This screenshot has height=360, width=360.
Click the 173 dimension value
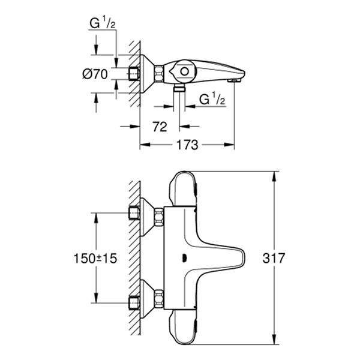pyautogui.click(x=187, y=145)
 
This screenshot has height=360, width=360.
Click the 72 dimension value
pyautogui.click(x=160, y=127)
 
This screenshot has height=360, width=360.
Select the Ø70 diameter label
pyautogui.click(x=95, y=74)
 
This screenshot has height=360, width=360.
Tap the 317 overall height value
pyautogui.click(x=274, y=258)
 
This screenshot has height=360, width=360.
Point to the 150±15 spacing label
pyautogui.click(x=95, y=258)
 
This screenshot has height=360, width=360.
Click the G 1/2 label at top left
pyautogui.click(x=103, y=23)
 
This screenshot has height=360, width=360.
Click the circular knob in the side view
pyautogui.click(x=184, y=71)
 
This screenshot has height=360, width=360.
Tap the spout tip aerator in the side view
pyautogui.click(x=234, y=80)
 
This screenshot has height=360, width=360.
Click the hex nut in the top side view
pyautogui.click(x=158, y=73)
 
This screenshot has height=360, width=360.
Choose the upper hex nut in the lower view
pyautogui.click(x=159, y=217)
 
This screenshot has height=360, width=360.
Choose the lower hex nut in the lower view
pyautogui.click(x=159, y=299)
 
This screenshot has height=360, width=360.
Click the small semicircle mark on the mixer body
pyautogui.click(x=184, y=258)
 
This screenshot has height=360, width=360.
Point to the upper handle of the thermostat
pyautogui.click(x=184, y=189)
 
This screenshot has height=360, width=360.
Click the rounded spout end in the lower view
pyautogui.click(x=240, y=258)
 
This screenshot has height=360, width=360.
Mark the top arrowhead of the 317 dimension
pyautogui.click(x=274, y=177)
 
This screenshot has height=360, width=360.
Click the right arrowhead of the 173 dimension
pyautogui.click(x=229, y=145)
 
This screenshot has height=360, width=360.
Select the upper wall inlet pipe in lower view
pyautogui.click(x=134, y=213)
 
